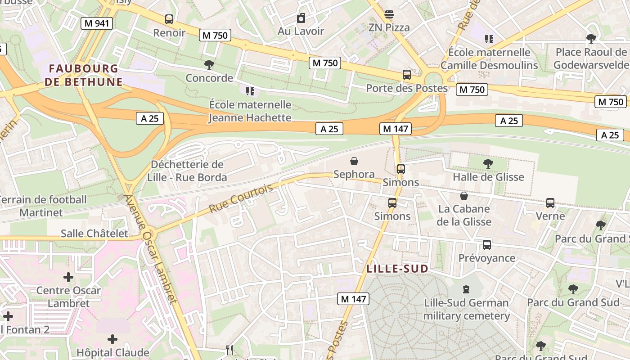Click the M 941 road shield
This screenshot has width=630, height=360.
pyautogui.click(x=97, y=23)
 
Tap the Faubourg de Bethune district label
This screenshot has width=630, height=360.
pyautogui.click(x=83, y=75)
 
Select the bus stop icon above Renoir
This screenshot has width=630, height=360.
pyautogui.click(x=169, y=19)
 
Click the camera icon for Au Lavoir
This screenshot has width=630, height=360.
pyautogui.click(x=301, y=18)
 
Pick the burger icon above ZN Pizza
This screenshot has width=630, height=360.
pyautogui.click(x=389, y=14)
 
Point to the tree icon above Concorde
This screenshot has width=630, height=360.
pyautogui.click(x=209, y=65)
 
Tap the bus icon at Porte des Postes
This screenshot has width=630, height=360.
pyautogui.click(x=407, y=75)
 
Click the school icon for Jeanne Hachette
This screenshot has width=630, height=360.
pyautogui.click(x=250, y=91)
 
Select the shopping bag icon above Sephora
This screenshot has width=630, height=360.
pyautogui.click(x=354, y=161)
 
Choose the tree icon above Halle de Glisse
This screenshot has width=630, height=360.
pyautogui.click(x=488, y=164)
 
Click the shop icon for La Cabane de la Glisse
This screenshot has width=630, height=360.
pyautogui.click(x=464, y=196)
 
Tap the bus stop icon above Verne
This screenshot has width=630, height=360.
pyautogui.click(x=550, y=203)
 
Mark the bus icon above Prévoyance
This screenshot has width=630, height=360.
pyautogui.click(x=487, y=245)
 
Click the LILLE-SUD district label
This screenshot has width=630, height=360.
pyautogui.click(x=397, y=269)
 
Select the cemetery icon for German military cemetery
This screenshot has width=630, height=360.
pyautogui.click(x=466, y=289)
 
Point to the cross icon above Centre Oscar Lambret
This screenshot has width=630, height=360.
pyautogui.click(x=68, y=277)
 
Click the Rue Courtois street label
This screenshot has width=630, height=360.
pyautogui.click(x=241, y=198)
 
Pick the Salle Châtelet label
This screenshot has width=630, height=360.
pyautogui.click(x=94, y=234)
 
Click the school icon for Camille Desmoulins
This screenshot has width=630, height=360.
pyautogui.click(x=489, y=39)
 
